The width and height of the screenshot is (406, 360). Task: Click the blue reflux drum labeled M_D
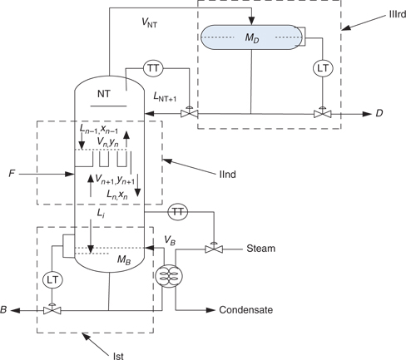(x=250, y=37)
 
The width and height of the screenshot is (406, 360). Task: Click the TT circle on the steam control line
(x=177, y=212)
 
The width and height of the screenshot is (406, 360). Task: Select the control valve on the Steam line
(x=215, y=247)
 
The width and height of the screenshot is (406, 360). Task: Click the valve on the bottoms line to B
(x=53, y=309)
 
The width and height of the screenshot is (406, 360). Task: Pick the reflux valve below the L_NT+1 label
(x=190, y=111)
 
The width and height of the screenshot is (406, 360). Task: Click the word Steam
(x=261, y=248)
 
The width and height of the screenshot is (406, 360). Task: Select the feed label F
(x=11, y=175)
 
